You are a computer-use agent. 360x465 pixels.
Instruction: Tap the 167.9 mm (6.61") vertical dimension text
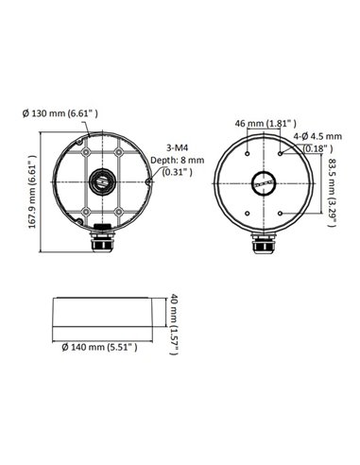click(33, 195)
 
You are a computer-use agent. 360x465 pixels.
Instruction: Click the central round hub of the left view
click(97, 181)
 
